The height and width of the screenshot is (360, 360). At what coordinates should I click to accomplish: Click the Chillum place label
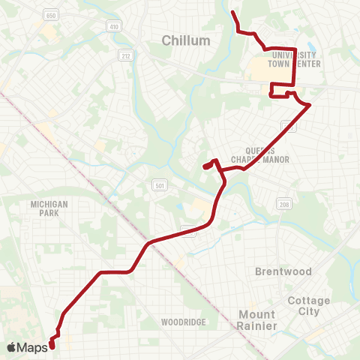point(185,39)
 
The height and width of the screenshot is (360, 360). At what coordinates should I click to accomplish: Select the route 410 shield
point(114,27)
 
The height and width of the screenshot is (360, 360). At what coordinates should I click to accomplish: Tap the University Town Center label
point(297,59)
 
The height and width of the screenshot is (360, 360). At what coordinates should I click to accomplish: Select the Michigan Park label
point(49,208)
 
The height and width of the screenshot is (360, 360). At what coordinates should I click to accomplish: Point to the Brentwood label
point(277,270)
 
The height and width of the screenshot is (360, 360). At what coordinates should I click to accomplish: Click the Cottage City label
point(309,305)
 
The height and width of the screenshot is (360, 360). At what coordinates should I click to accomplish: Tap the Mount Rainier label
point(257,319)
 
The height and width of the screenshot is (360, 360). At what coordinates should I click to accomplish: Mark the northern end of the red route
point(232,13)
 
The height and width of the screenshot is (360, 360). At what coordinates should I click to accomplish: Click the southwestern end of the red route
point(52,346)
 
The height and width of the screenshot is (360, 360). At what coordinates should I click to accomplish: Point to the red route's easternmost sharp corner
point(310,106)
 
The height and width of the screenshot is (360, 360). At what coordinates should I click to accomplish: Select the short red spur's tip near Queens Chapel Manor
point(204,166)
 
